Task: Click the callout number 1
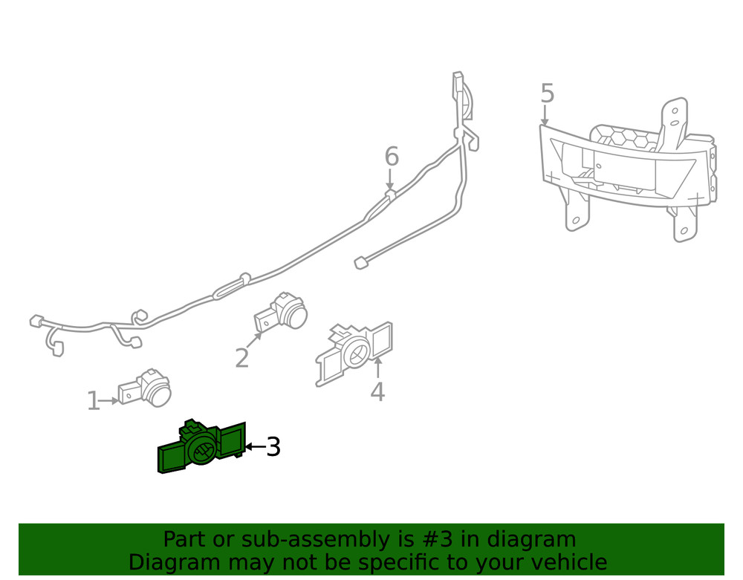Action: pos(93,401)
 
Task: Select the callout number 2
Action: pos(241,358)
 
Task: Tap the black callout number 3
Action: pos(273,447)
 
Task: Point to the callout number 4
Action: pos(377,391)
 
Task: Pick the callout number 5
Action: pos(547,94)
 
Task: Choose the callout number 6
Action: pos(392,157)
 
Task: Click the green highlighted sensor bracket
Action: pos(201,448)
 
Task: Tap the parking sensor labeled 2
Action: pos(282,312)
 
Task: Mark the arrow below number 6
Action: pos(390,180)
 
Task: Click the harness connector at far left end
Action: pos(35,321)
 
